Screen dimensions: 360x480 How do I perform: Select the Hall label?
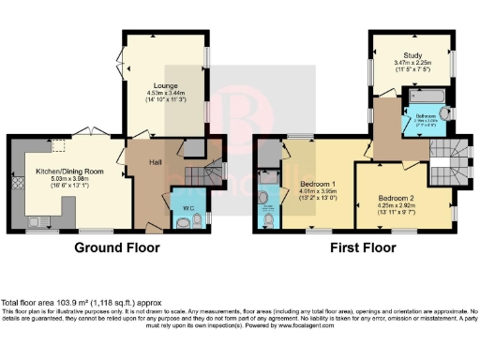point(156,162)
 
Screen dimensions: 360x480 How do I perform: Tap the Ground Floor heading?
point(118,248)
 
